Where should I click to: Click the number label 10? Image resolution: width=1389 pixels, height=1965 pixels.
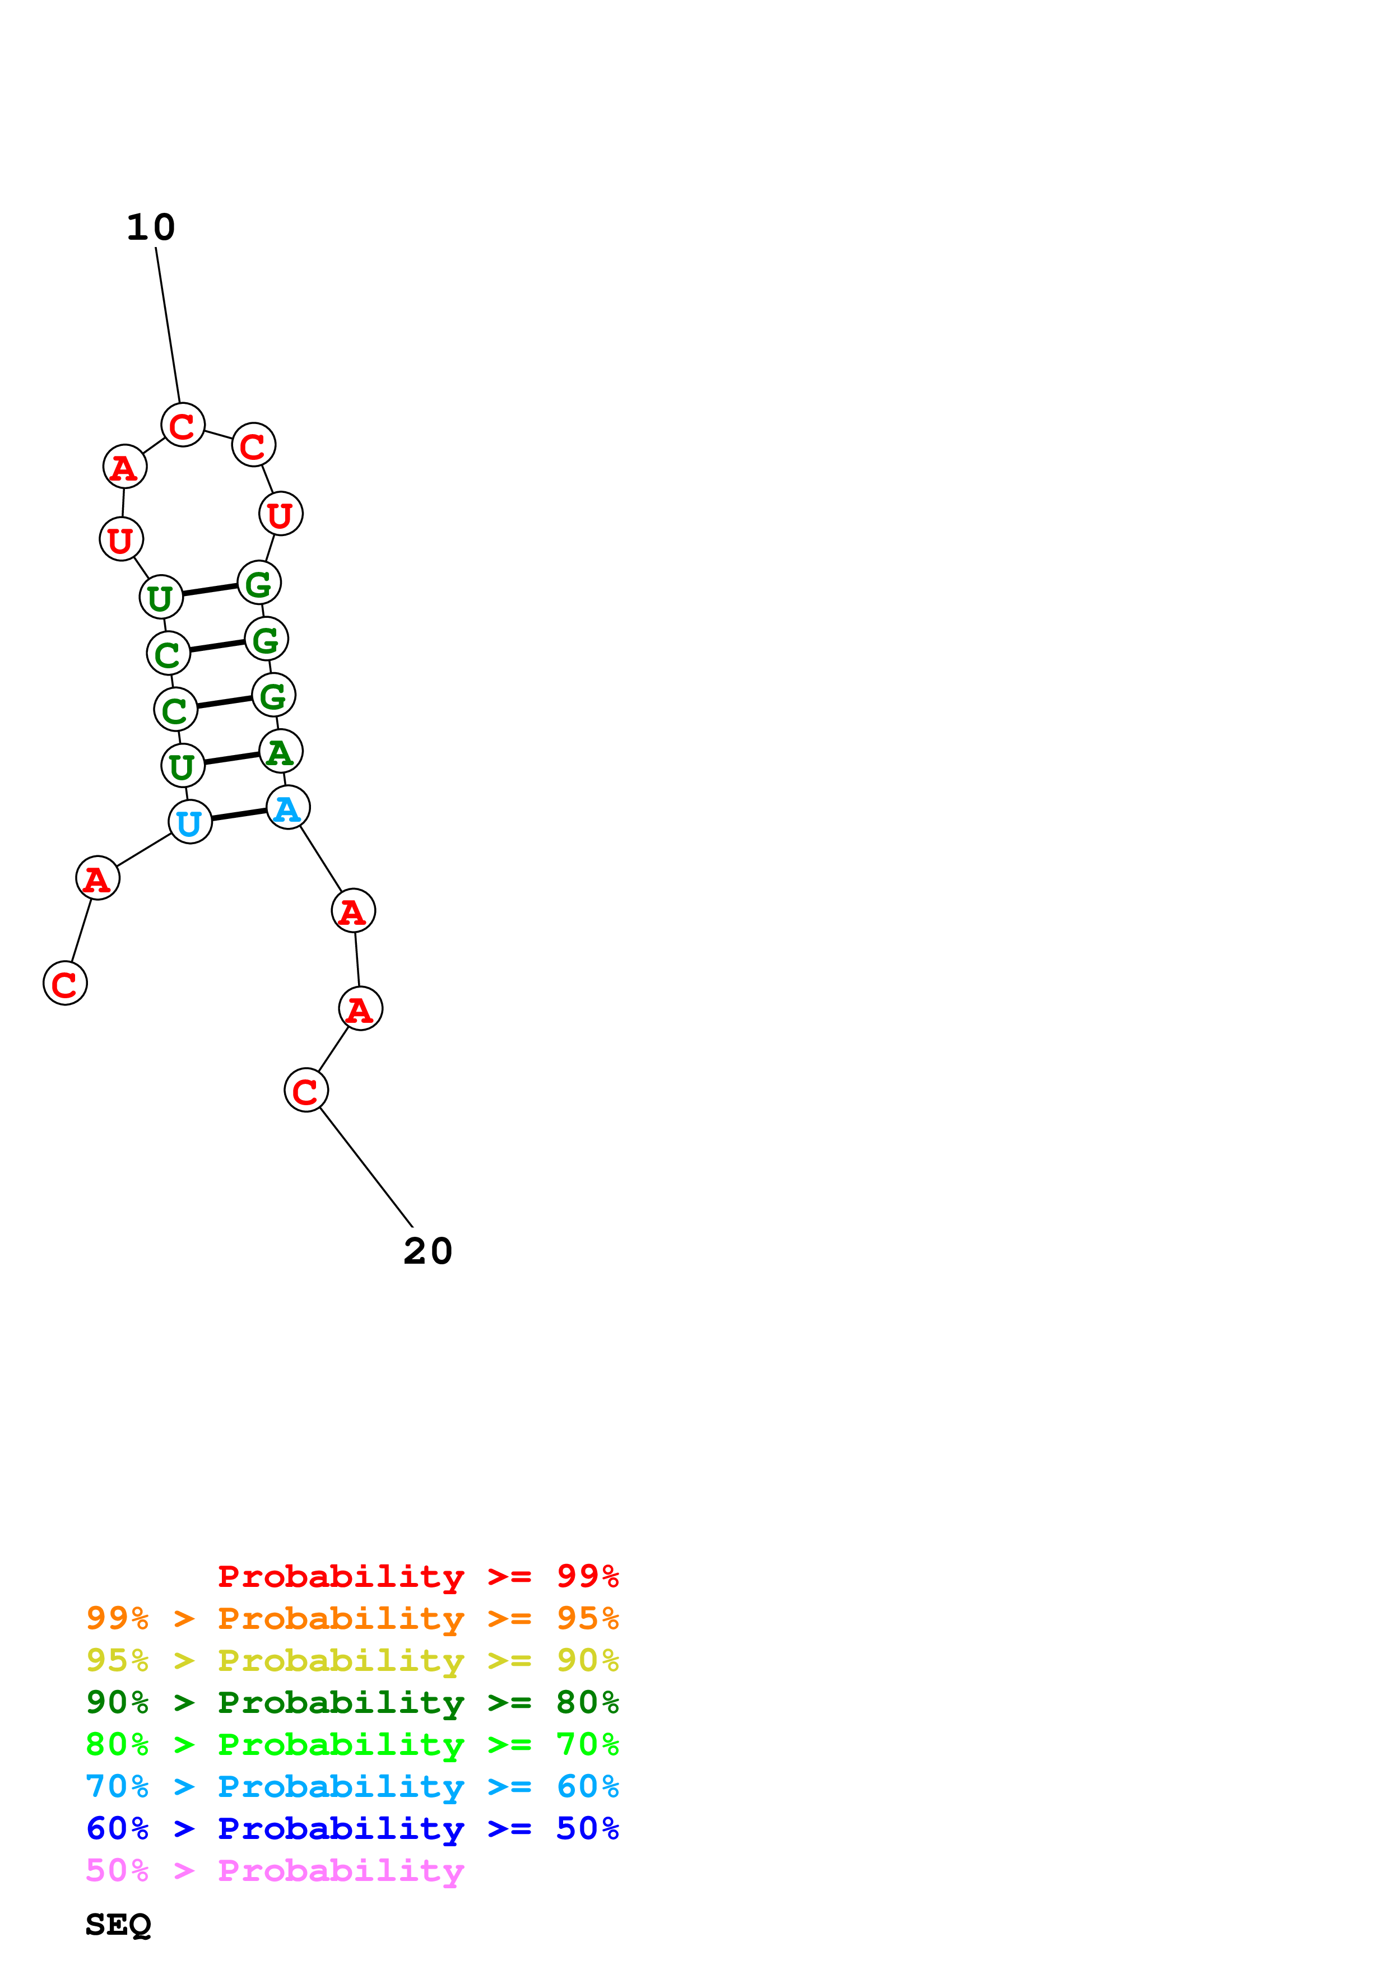click(x=151, y=227)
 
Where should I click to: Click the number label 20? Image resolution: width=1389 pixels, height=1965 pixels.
click(x=428, y=1251)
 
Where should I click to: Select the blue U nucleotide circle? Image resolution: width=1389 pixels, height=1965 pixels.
click(x=190, y=822)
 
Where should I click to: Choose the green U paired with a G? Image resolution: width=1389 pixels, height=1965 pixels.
click(x=161, y=597)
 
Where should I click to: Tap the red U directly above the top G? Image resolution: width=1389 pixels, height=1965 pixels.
click(x=281, y=514)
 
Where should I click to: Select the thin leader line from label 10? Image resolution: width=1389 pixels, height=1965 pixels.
click(x=168, y=325)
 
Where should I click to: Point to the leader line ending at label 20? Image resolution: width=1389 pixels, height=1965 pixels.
click(x=366, y=1167)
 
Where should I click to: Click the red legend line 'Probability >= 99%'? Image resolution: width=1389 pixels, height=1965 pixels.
click(x=419, y=1576)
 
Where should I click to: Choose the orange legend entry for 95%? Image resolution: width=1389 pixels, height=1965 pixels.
click(x=352, y=1618)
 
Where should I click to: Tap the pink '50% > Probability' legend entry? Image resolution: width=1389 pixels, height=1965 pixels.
click(x=275, y=1871)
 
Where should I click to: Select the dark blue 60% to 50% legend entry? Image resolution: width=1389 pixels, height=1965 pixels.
click(x=352, y=1829)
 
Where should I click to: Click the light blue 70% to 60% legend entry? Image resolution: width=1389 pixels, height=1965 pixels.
click(x=352, y=1787)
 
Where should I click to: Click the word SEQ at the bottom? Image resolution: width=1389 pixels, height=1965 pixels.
click(x=118, y=1925)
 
